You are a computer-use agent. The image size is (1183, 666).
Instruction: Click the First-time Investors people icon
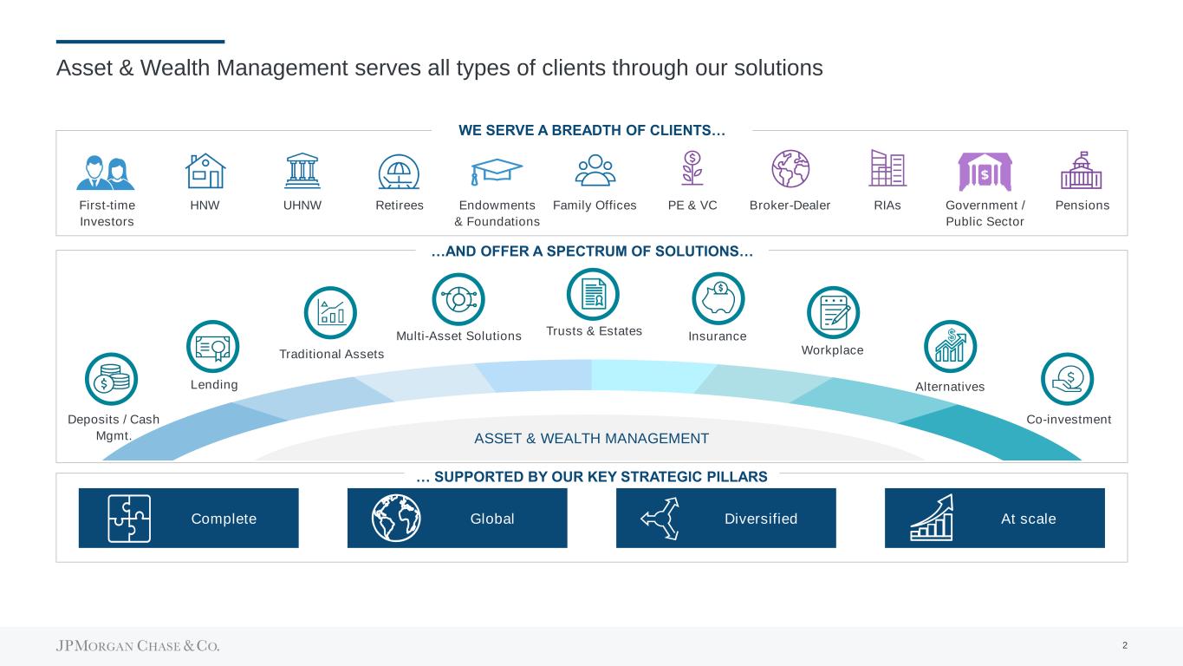pyautogui.click(x=106, y=173)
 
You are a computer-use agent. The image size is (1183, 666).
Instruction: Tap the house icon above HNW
pyautogui.click(x=205, y=171)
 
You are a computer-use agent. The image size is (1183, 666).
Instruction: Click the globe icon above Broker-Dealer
pyautogui.click(x=790, y=168)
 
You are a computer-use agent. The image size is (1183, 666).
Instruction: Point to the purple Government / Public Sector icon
pyautogui.click(x=985, y=171)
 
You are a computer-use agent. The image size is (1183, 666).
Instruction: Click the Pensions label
pyautogui.click(x=1082, y=205)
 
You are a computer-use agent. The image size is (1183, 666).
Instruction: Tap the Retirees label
pyautogui.click(x=400, y=205)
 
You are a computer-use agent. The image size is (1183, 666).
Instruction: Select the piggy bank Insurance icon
pyautogui.click(x=718, y=298)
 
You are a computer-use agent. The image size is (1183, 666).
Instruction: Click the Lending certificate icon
pyautogui.click(x=213, y=347)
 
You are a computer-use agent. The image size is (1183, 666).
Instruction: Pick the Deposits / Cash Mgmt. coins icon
pyautogui.click(x=112, y=379)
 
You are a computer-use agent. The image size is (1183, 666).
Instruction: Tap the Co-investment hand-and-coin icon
pyautogui.click(x=1068, y=379)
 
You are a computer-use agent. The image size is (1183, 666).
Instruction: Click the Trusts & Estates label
pyautogui.click(x=595, y=331)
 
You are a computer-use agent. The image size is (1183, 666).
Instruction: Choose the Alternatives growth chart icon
pyautogui.click(x=950, y=347)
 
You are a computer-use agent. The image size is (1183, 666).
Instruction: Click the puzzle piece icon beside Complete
pyautogui.click(x=129, y=519)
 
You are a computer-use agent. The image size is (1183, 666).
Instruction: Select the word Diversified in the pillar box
pyautogui.click(x=761, y=519)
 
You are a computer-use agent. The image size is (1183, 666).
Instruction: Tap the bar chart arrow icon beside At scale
pyautogui.click(x=932, y=518)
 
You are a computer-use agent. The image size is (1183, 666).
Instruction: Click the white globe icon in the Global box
pyautogui.click(x=396, y=518)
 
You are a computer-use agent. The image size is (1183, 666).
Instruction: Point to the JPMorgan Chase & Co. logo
pyautogui.click(x=138, y=645)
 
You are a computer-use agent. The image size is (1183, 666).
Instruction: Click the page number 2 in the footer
pyautogui.click(x=1125, y=645)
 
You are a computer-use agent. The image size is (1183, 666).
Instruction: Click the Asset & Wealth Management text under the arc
pyautogui.click(x=591, y=438)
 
